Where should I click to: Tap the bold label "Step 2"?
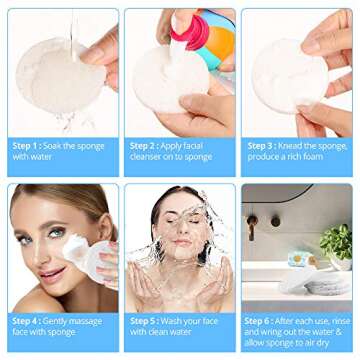coord(143,146)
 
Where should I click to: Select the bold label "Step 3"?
coord(260,146)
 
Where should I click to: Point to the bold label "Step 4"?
coord(25,321)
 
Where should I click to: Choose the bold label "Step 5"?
coord(143,321)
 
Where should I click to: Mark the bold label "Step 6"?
coord(257,321)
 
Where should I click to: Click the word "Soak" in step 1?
coord(52,146)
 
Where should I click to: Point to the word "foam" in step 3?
coord(313,157)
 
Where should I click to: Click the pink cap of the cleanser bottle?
coord(189,31)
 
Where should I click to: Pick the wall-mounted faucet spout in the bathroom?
coord(252,227)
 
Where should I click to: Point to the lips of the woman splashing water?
coord(183,242)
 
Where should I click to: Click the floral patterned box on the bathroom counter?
coord(303,259)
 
